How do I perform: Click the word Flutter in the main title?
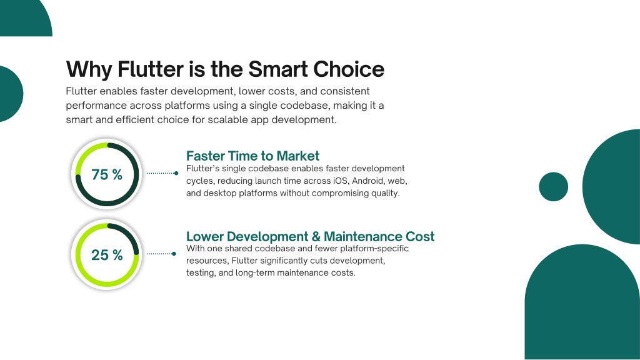point(151,69)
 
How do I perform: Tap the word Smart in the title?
point(277,69)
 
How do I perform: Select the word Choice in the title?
point(349,69)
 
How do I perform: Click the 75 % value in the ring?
point(107,175)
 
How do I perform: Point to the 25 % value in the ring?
point(107,255)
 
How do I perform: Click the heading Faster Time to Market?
point(252,156)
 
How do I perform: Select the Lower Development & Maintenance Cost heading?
point(310,237)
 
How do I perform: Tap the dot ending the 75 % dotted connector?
point(176,173)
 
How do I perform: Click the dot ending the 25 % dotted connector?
point(174,254)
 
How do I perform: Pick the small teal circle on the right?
point(554,186)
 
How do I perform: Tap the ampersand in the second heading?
point(316,237)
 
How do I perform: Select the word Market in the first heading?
point(298,156)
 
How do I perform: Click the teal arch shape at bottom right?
point(582,302)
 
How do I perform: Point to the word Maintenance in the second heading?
point(357,237)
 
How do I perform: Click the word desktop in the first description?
point(220,193)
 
